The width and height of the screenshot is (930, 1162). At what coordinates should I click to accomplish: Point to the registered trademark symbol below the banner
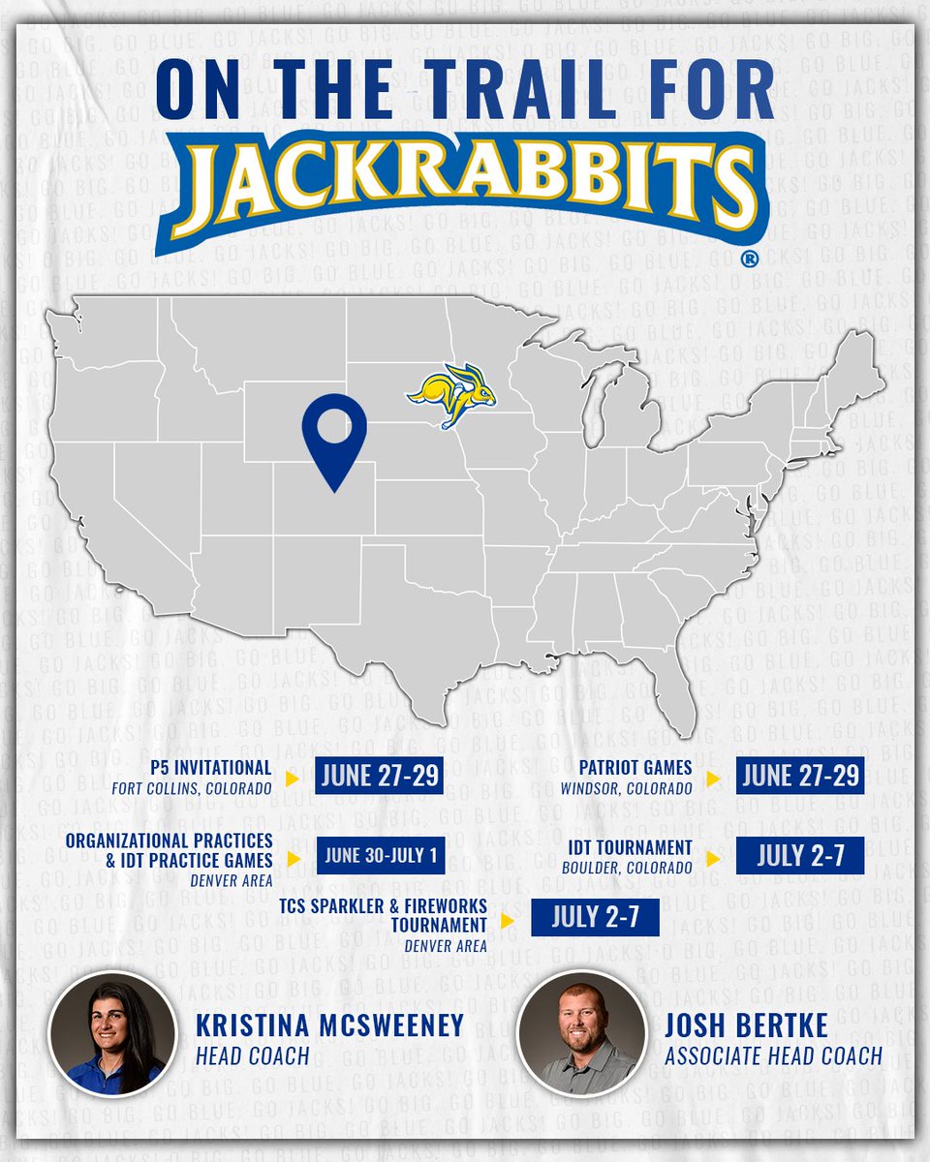pyautogui.click(x=748, y=260)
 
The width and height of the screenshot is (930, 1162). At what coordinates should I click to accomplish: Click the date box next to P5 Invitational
pyautogui.click(x=379, y=777)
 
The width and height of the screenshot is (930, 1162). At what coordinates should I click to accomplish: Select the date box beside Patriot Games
pyautogui.click(x=799, y=777)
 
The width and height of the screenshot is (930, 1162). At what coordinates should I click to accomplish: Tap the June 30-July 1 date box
pyautogui.click(x=381, y=856)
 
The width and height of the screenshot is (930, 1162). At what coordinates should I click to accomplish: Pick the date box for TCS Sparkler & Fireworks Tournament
pyautogui.click(x=595, y=916)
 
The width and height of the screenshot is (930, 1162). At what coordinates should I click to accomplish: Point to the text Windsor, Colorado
pyautogui.click(x=626, y=788)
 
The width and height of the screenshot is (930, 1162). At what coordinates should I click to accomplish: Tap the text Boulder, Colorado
pyautogui.click(x=627, y=868)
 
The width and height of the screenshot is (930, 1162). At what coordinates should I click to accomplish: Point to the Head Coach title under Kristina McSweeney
pyautogui.click(x=255, y=1055)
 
